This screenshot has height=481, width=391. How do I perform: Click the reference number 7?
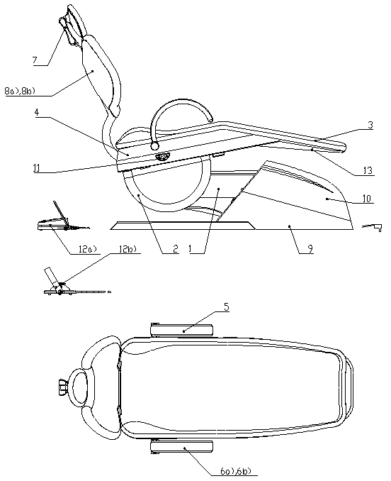coord(35,60)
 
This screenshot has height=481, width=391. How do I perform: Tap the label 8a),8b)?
coord(20,92)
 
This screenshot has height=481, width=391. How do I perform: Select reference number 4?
coord(36,112)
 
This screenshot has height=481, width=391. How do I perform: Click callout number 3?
coord(370,125)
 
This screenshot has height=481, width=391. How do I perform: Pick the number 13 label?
coord(368,170)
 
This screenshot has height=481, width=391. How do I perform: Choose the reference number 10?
coord(367,199)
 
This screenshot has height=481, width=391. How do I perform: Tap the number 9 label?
coord(310,248)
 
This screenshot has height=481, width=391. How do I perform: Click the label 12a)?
coord(86,249)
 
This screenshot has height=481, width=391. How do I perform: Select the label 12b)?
coord(127,249)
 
